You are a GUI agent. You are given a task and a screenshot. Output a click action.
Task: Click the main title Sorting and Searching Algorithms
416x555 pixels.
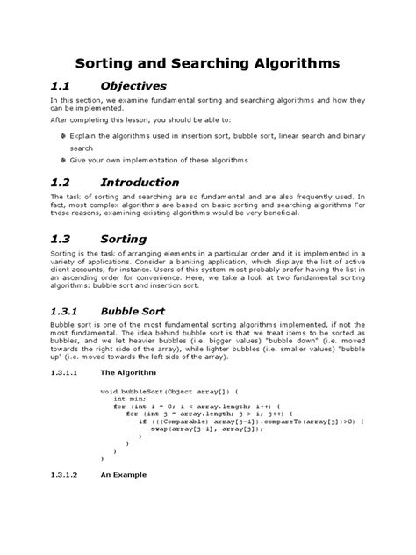click(207, 64)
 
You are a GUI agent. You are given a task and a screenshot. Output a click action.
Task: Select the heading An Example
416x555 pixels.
click(124, 474)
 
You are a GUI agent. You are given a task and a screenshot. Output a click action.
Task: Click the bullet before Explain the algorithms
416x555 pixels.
click(62, 137)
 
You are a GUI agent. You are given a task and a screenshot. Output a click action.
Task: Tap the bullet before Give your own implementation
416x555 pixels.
click(62, 160)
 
